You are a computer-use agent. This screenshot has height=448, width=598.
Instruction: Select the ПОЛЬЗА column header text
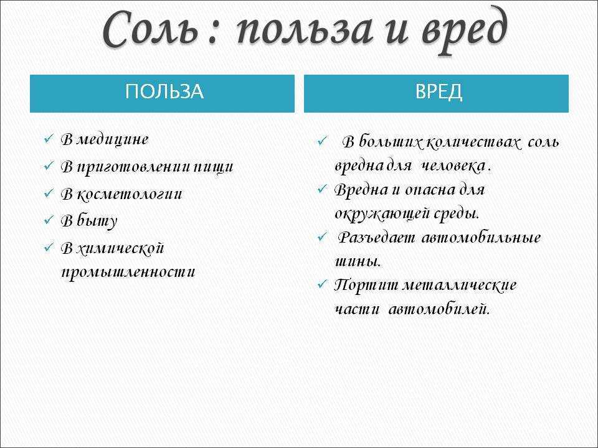click(164, 92)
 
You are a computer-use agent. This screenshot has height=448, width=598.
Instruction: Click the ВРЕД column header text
click(438, 92)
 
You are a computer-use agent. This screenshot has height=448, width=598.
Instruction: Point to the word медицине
click(113, 139)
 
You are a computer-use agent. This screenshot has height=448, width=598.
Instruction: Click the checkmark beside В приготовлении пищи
click(49, 166)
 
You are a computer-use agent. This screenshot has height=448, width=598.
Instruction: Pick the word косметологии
click(130, 195)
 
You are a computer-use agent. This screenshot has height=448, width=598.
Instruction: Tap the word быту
click(97, 221)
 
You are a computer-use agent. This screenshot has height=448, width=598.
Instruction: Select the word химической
click(120, 249)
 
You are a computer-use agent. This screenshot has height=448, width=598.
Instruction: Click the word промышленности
click(128, 272)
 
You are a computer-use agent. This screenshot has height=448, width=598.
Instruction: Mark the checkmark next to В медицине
click(49, 138)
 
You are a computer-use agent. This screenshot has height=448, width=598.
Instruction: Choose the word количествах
click(472, 142)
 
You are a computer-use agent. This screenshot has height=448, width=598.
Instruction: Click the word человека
click(453, 166)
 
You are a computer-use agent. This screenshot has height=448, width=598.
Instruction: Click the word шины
click(358, 262)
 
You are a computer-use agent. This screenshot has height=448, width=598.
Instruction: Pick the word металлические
click(459, 286)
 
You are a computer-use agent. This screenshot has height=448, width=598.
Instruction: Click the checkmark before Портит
click(322, 284)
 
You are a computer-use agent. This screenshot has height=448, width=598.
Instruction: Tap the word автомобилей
click(439, 309)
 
